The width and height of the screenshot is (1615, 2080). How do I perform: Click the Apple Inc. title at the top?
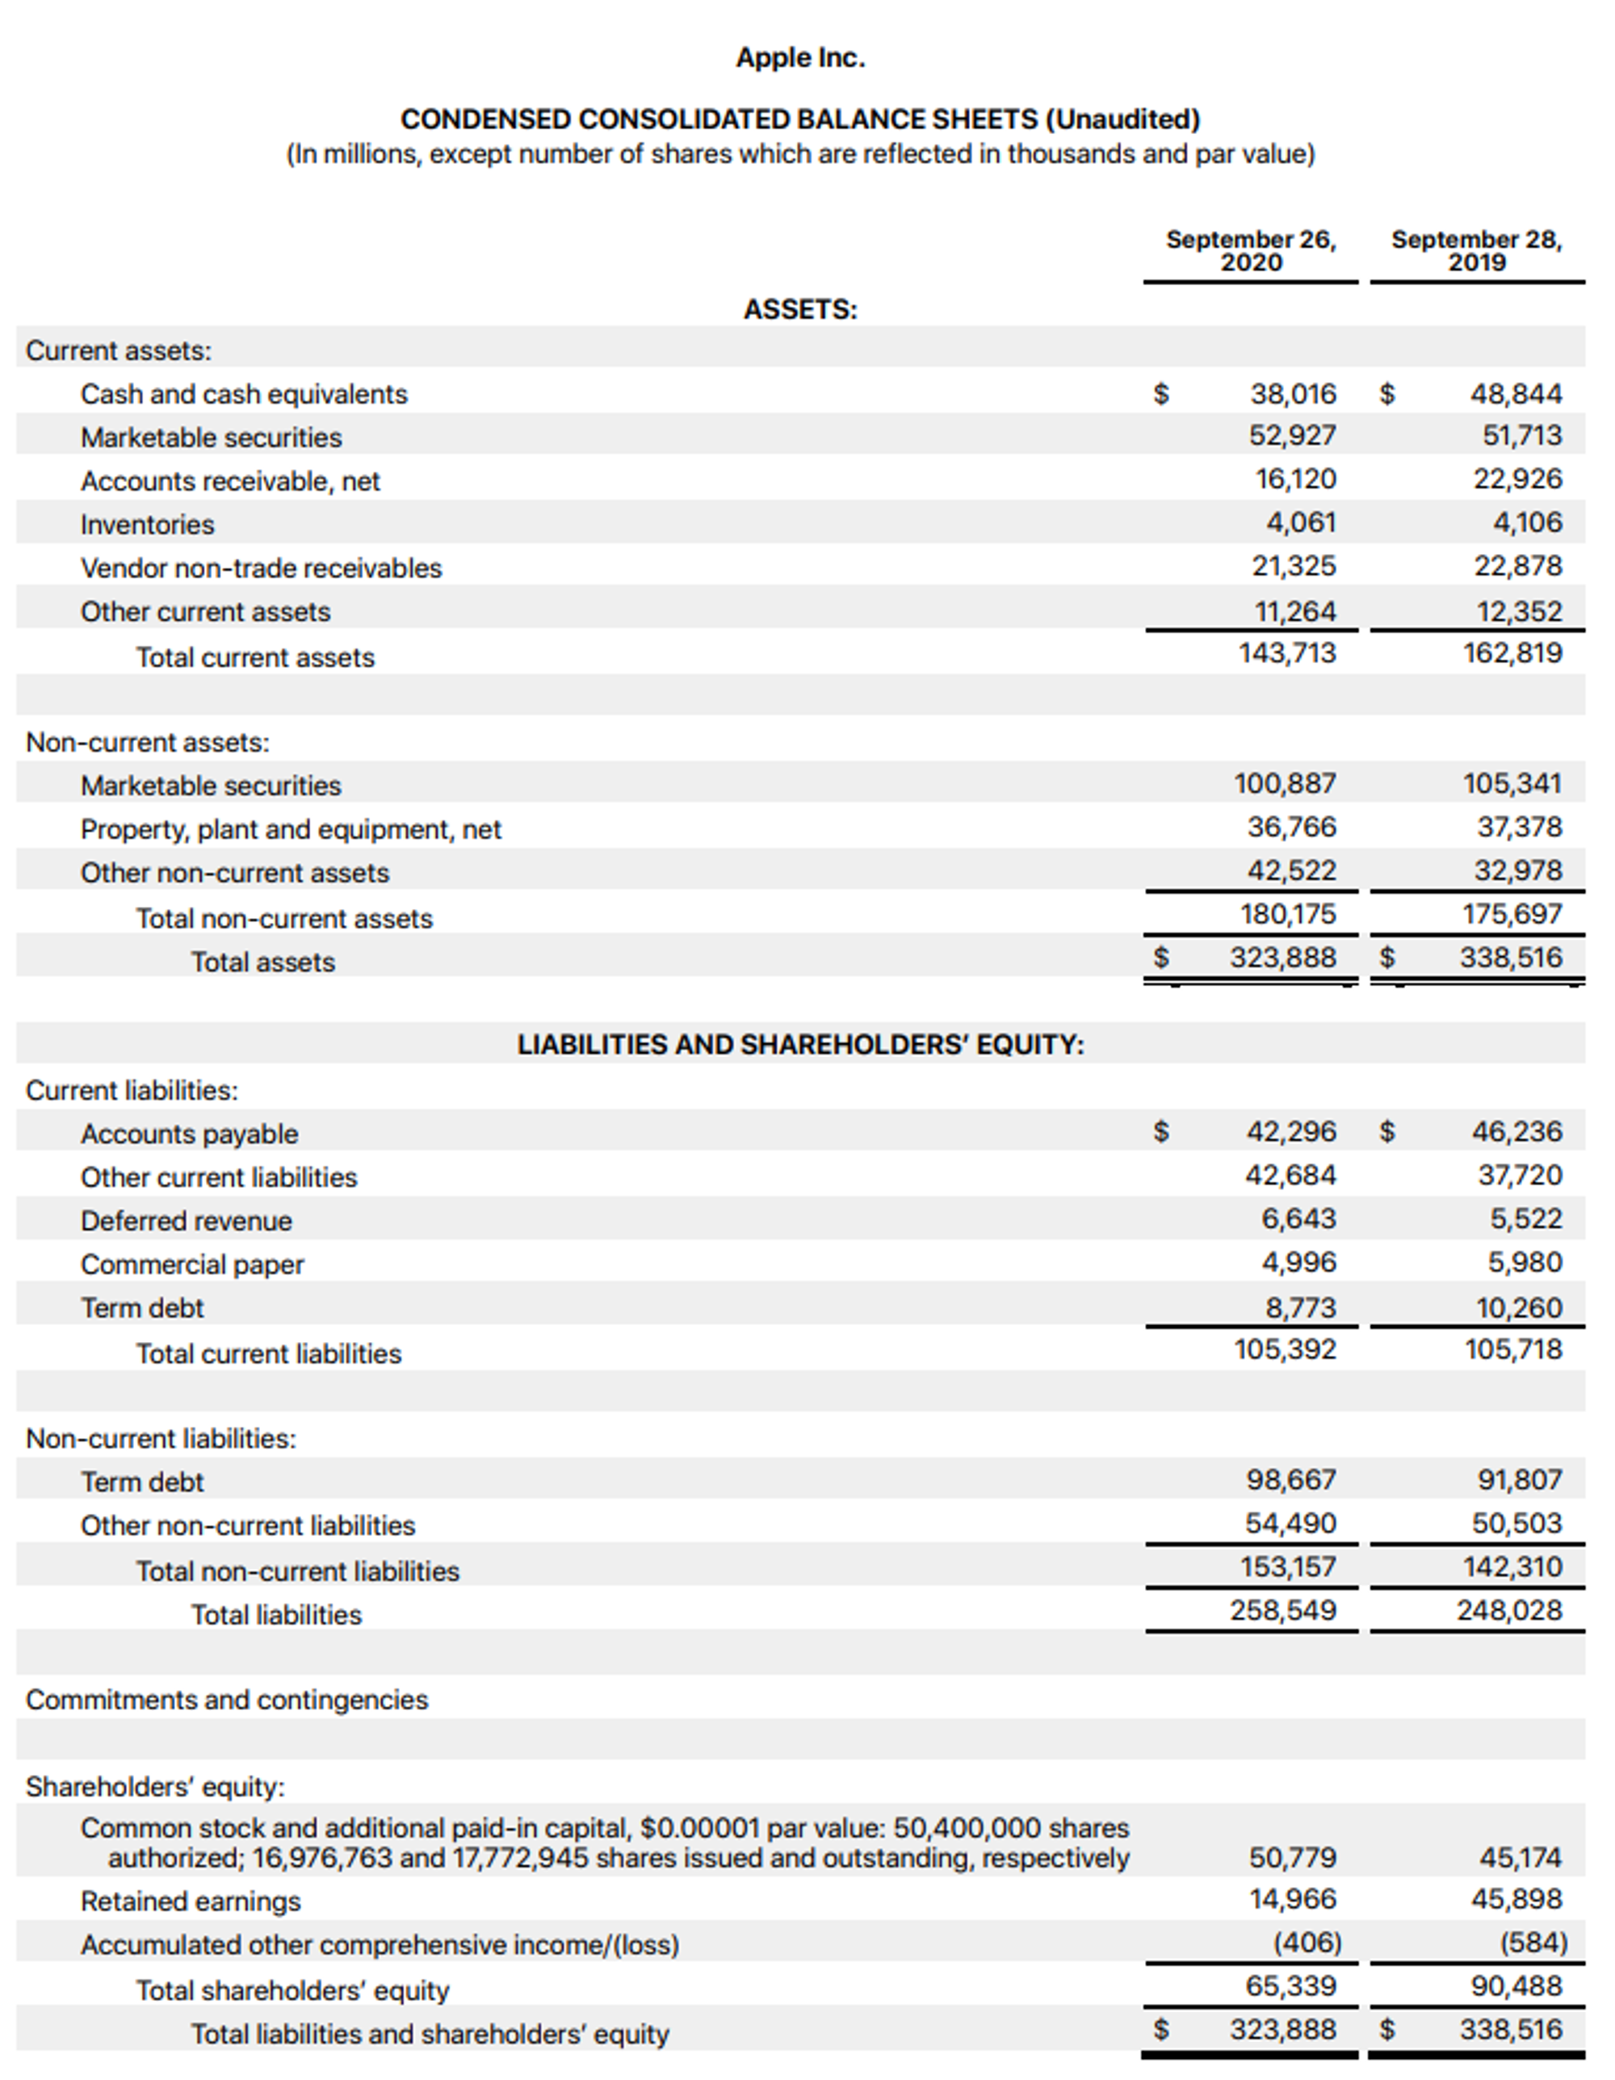(800, 58)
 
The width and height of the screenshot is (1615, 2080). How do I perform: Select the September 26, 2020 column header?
(1250, 250)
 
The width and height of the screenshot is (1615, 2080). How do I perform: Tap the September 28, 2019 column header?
(1476, 250)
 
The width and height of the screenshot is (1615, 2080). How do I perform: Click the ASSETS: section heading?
(800, 309)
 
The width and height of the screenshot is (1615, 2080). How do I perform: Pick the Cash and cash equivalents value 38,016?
(1292, 393)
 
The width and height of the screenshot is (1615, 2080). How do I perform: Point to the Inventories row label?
(148, 525)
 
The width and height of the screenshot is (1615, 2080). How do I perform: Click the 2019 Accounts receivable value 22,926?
(1518, 478)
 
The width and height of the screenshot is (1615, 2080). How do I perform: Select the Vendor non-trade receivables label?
(261, 568)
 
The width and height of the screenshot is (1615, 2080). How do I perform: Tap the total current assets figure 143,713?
(1286, 653)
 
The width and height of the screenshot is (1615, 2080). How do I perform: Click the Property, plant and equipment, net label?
(291, 829)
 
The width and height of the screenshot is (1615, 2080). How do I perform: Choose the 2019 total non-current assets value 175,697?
(1512, 914)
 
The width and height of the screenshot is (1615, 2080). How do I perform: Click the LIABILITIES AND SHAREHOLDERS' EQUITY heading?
(800, 1045)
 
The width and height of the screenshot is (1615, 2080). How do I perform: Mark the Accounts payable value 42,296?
(1290, 1131)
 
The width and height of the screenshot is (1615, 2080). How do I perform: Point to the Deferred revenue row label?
(187, 1221)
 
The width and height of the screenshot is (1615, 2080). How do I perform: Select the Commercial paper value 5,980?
(1525, 1263)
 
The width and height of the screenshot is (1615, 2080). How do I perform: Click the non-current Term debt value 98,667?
(1290, 1480)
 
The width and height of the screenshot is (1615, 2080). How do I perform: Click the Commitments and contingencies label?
(227, 1700)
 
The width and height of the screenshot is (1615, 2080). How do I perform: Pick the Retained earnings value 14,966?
(1292, 1900)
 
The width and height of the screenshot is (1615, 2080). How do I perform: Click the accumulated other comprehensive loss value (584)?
(1533, 1943)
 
